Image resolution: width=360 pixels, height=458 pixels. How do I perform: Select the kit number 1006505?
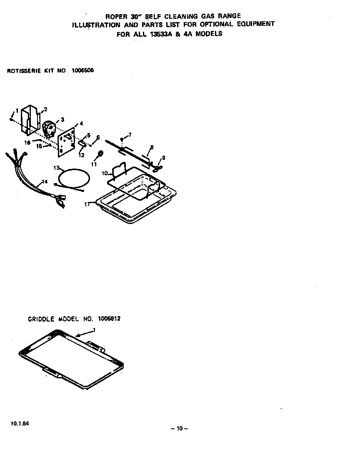(x=83, y=70)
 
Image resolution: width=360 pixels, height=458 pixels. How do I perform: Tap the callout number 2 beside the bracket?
(x=45, y=109)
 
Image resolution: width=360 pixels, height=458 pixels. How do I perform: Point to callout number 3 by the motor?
(x=62, y=120)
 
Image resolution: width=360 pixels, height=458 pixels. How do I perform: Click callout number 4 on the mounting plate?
(x=81, y=123)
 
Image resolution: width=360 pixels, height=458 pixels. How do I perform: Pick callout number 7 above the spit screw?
(x=130, y=134)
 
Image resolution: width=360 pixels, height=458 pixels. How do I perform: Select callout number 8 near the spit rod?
(x=152, y=147)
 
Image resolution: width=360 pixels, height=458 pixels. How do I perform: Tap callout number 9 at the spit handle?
(x=164, y=158)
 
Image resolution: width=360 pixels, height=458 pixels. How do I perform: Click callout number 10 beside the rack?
(x=104, y=173)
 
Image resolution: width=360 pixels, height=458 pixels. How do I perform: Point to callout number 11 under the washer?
(x=94, y=164)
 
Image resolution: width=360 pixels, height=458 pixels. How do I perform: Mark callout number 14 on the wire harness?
(x=44, y=182)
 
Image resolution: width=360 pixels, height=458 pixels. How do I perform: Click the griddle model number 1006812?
(x=109, y=319)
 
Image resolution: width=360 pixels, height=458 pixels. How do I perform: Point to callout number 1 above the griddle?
(x=95, y=330)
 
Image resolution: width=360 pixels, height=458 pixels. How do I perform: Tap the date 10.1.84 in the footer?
(x=19, y=423)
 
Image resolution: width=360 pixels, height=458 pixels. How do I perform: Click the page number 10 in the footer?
(x=180, y=428)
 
